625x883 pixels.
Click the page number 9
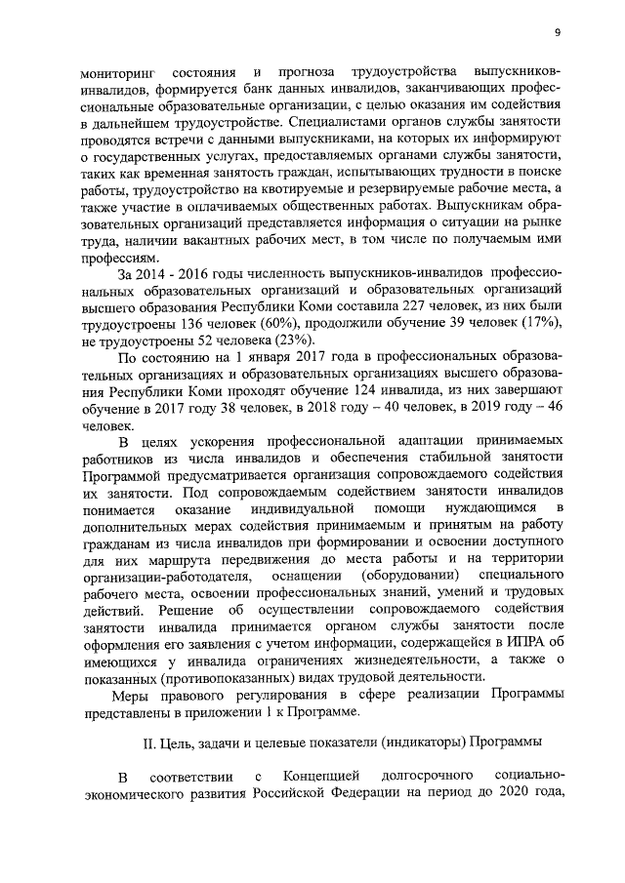(556, 32)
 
